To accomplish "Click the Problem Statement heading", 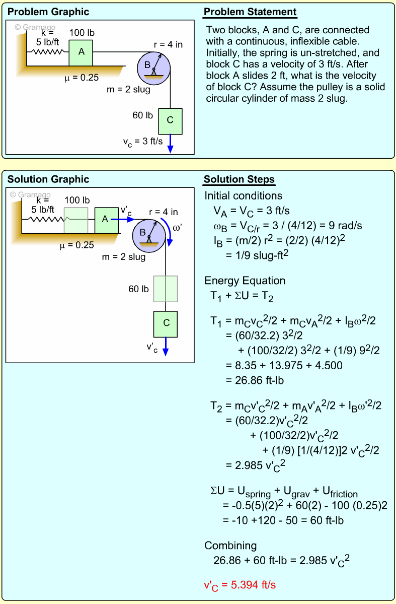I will pos(250,12).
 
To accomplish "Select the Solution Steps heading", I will pos(239,180).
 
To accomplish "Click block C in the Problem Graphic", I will pos(170,120).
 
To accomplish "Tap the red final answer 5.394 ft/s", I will pos(240,585).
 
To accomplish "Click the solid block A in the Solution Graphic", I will pos(106,220).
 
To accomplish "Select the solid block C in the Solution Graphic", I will pos(166,323).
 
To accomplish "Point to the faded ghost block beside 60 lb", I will pos(166,289).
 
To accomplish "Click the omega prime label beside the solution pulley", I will pos(178,228).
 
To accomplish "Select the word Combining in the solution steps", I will pos(230,546).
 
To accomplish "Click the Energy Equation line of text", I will pos(245,281).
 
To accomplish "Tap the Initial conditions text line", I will pos(243,195).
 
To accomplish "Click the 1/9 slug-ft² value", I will pos(258,255).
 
